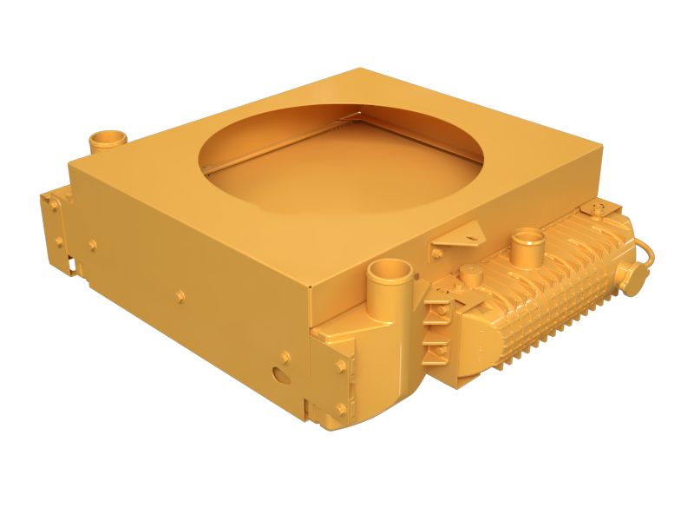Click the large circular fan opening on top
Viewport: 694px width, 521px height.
341,161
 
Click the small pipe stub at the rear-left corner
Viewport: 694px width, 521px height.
108,140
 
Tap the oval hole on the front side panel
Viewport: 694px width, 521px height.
280,375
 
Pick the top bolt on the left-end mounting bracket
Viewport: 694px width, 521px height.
54,205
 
